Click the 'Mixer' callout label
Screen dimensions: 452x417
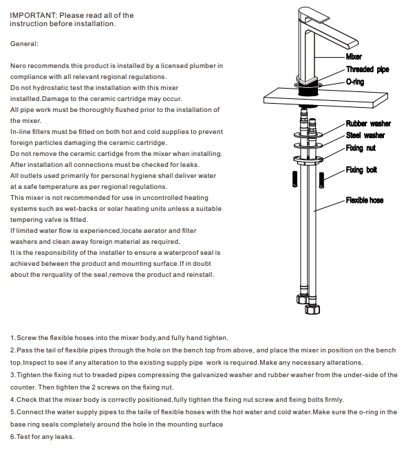(x=354, y=57)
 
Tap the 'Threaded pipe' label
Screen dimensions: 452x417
(x=368, y=69)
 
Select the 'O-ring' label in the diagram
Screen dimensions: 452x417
(x=356, y=82)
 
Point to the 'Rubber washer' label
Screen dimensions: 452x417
(x=368, y=124)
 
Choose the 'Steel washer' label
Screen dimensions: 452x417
(x=365, y=135)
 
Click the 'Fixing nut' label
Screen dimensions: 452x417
(x=361, y=148)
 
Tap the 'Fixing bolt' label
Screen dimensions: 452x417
(x=361, y=170)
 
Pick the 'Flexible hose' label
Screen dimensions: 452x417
(x=365, y=201)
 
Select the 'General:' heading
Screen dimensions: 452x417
(x=25, y=44)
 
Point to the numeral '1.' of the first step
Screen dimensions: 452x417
(x=14, y=338)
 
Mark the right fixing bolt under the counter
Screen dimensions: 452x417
(x=321, y=179)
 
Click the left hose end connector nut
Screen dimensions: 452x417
(x=300, y=300)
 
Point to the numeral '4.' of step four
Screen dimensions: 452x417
(x=14, y=400)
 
